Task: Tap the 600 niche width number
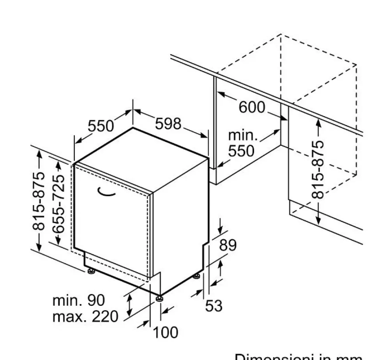251,107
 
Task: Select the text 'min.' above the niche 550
243,135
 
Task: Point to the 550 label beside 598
101,126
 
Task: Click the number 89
228,245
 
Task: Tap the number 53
214,306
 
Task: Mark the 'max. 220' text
85,316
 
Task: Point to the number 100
165,333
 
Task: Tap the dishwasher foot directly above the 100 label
159,299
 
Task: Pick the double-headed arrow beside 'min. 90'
130,305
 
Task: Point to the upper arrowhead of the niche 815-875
318,122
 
